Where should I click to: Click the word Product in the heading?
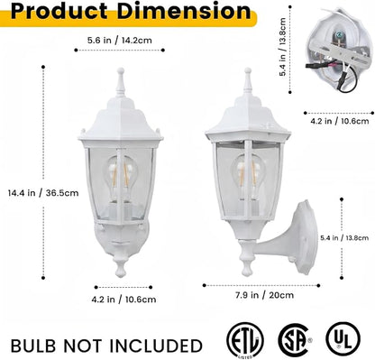59,11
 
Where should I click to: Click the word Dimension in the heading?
184,11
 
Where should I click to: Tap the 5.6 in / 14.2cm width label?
120,40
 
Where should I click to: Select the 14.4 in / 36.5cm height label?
43,193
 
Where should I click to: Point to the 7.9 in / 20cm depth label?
265,295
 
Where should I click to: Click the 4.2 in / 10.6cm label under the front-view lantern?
123,300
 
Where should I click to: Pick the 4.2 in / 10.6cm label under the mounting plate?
340,121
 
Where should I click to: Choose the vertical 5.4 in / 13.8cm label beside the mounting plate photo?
282,47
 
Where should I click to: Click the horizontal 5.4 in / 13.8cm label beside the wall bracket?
344,238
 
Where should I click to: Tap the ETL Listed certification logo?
245,340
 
